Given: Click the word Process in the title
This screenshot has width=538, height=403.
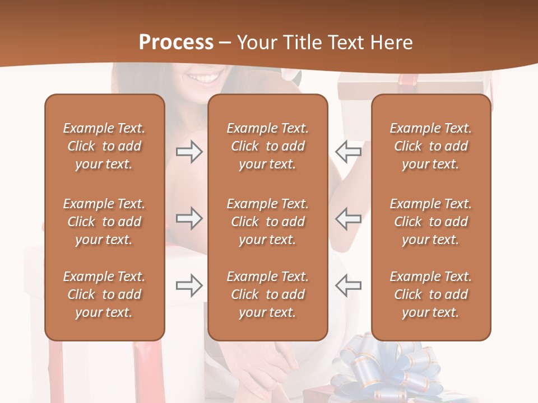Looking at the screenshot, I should pos(176,42).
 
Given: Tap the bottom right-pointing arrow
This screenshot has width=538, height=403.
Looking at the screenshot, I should pos(189,285).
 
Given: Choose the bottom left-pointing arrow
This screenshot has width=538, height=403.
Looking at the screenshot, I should pos(348,285).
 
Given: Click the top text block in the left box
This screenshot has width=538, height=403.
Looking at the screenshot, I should pos(104,146).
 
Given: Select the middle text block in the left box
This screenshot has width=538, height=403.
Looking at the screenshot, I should pos(104,222).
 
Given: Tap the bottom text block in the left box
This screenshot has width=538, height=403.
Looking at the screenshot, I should pos(104,294).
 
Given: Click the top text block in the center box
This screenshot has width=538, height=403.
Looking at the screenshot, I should pos(267,146).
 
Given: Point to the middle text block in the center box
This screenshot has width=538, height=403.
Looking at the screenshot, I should pos(267,222).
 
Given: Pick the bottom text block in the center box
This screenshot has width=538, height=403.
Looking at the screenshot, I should pos(267,294).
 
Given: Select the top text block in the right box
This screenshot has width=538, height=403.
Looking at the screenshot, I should pos(430,146).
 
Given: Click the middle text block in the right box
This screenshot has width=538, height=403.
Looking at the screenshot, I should pos(430,222).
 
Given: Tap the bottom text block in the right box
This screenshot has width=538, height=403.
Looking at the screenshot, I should pos(430,294).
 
